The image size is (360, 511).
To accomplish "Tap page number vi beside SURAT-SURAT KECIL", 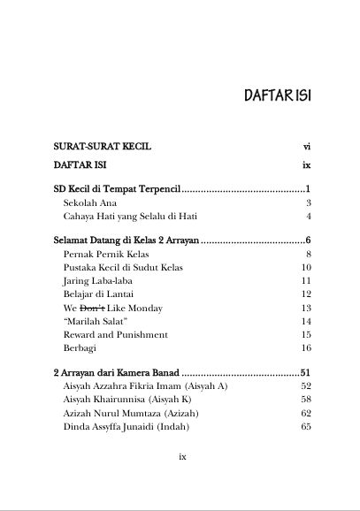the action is pyautogui.click(x=306, y=142).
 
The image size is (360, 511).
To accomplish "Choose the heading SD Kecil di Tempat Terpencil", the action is pyautogui.click(x=116, y=189).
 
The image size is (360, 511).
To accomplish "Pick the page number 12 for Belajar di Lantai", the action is pyautogui.click(x=306, y=294).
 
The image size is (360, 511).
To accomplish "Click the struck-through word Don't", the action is pyautogui.click(x=93, y=308).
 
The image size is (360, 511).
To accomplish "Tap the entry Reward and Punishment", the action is pyautogui.click(x=116, y=335).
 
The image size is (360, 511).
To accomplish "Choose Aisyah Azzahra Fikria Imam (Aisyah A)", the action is pyautogui.click(x=145, y=386).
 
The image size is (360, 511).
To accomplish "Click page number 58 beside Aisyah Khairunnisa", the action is pyautogui.click(x=306, y=400).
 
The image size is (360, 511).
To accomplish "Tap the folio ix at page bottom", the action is pyautogui.click(x=181, y=457).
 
